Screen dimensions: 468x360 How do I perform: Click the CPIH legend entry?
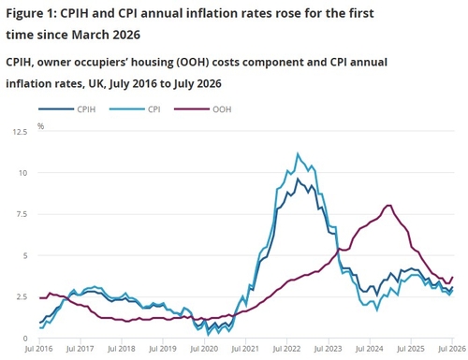[x=67, y=109]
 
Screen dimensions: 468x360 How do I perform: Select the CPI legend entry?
[x=135, y=109]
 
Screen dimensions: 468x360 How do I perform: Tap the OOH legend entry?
[x=203, y=109]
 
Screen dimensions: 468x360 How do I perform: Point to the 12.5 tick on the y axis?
[x=20, y=132]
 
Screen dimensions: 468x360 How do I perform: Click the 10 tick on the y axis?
[x=23, y=173]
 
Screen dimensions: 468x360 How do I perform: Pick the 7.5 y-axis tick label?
[x=22, y=214]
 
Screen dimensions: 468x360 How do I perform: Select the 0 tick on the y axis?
[x=25, y=338]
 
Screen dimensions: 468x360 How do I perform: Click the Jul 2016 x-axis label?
[x=39, y=349]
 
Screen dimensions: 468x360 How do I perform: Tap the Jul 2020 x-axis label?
[x=204, y=349]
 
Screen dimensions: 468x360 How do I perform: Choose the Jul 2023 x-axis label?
[x=329, y=349]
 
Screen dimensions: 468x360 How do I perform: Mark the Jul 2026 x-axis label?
[x=452, y=349]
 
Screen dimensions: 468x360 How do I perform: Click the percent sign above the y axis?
[x=40, y=126]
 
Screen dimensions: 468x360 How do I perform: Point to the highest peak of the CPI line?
[x=298, y=153]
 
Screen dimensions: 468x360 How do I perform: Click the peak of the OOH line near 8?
[x=389, y=205]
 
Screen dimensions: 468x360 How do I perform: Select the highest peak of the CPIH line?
[x=298, y=179]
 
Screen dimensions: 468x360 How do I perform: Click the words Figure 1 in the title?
[x=30, y=14]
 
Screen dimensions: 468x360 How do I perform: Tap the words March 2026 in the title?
[x=106, y=35]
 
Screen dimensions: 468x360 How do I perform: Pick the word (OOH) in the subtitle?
[x=193, y=63]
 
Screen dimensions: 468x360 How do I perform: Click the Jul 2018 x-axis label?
[x=122, y=349]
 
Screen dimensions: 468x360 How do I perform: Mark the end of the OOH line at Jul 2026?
[x=452, y=277]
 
